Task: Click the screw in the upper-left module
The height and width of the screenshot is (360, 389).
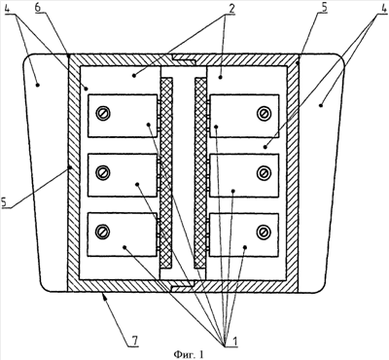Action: tap(103, 114)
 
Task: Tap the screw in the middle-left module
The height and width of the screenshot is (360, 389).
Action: tap(103, 173)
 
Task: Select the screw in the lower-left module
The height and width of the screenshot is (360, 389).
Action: tap(103, 232)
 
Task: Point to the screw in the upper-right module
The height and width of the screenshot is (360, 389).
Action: tap(264, 114)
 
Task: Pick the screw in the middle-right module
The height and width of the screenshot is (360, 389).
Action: tap(264, 173)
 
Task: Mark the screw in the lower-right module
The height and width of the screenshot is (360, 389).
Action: tap(264, 232)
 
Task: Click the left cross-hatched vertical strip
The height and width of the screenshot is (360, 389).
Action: tap(166, 173)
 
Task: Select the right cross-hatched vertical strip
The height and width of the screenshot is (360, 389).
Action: tap(200, 173)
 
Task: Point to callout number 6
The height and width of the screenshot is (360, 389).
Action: tap(38, 8)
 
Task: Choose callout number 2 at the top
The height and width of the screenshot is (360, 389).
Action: tap(231, 8)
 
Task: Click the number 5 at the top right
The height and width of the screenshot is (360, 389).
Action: tap(323, 8)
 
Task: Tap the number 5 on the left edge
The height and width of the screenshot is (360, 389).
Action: tap(5, 202)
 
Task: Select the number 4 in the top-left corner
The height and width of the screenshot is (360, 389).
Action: tap(9, 8)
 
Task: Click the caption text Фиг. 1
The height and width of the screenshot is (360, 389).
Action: tap(189, 354)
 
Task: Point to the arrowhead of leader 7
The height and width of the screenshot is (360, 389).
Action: tap(102, 294)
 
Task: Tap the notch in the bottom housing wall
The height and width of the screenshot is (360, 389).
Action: tap(183, 285)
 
